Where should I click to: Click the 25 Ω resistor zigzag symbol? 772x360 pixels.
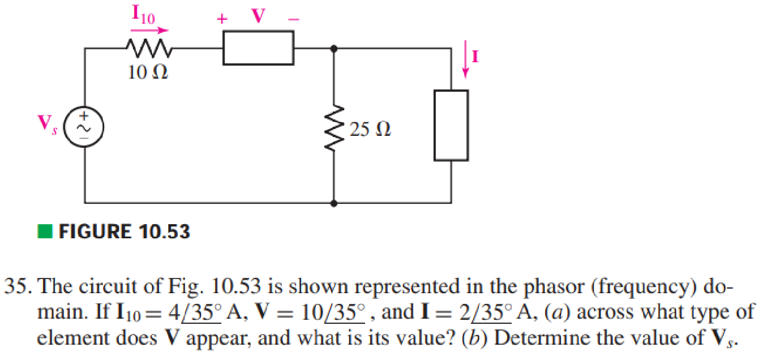[x=334, y=130]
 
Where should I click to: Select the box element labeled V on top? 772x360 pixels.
[x=258, y=48]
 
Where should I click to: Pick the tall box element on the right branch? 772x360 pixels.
[x=451, y=125]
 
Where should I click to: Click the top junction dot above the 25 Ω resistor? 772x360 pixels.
[x=334, y=49]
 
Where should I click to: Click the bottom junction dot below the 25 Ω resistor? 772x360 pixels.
[x=334, y=202]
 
